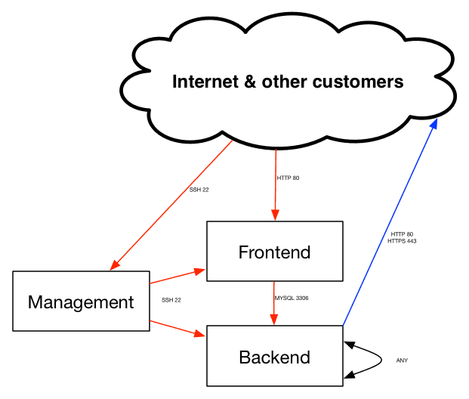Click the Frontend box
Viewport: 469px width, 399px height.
[274, 252]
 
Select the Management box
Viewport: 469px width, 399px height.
[81, 302]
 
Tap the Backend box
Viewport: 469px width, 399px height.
[274, 357]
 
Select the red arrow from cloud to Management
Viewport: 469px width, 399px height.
[174, 204]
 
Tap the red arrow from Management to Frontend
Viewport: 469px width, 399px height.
[177, 276]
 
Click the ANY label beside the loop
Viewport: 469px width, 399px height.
[402, 360]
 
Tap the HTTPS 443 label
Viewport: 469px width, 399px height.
[402, 241]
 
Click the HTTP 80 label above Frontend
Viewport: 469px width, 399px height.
[289, 178]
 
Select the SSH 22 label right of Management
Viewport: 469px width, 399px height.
[171, 300]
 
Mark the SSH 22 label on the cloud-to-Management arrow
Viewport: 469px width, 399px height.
[199, 190]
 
